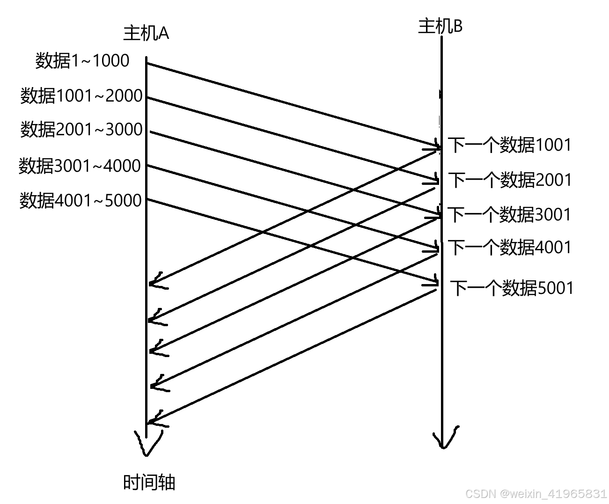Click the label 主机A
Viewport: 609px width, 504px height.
click(146, 34)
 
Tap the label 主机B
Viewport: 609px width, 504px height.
click(440, 26)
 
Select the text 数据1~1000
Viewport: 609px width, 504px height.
click(82, 61)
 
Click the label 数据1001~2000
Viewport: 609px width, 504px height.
click(81, 96)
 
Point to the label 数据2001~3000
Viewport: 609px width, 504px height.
click(81, 130)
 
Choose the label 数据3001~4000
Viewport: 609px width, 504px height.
click(80, 166)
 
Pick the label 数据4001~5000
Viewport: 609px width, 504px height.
click(81, 200)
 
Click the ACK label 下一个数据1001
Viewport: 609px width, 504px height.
click(510, 145)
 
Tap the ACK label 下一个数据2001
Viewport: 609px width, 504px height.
click(510, 180)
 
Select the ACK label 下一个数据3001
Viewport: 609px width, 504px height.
click(510, 215)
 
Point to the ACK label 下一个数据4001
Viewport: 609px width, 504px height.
click(510, 248)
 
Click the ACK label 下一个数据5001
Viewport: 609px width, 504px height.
click(512, 288)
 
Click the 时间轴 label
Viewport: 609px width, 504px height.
click(149, 482)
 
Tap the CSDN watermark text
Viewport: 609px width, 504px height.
click(536, 494)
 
